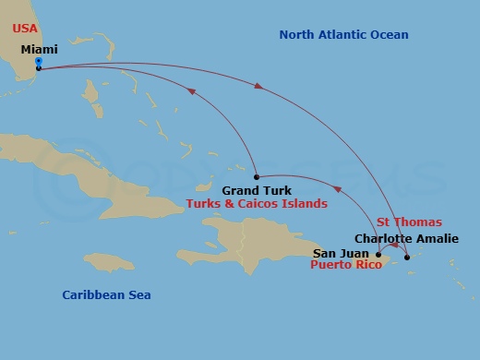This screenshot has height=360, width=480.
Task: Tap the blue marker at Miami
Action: [38, 62]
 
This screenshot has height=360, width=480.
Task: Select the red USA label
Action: [26, 29]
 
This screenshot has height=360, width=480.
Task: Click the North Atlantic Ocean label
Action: [343, 35]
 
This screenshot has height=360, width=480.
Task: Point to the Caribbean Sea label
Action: [106, 295]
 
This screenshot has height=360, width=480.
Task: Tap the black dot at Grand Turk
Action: [256, 176]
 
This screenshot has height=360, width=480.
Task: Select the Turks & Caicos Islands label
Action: [257, 204]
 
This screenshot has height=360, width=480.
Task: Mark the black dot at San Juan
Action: [378, 254]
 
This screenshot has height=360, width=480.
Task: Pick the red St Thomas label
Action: [409, 222]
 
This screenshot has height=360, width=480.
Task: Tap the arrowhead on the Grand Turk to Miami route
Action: [192, 90]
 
